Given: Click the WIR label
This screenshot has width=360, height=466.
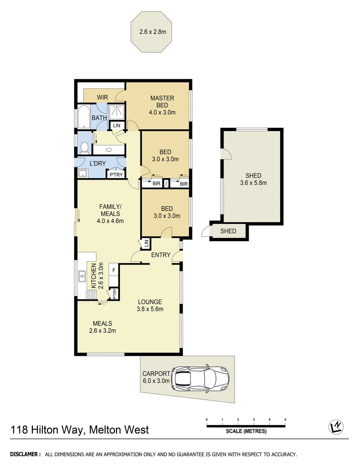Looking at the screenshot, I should [102, 98].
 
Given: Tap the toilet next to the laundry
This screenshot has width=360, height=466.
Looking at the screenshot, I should [85, 148].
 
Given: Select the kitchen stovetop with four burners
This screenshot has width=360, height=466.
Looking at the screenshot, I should [91, 295].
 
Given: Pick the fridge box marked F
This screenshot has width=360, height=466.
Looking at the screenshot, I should [114, 271].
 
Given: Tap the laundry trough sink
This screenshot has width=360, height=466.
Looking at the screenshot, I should [83, 173].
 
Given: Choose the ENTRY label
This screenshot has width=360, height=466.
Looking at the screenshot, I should [160, 255].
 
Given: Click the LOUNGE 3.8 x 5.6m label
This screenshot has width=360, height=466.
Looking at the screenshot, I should [150, 305].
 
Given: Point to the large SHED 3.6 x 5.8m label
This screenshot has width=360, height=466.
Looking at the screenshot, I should [254, 179].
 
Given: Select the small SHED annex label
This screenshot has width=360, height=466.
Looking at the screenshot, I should [228, 231].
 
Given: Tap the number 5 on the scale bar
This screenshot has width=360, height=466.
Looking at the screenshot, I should [285, 419].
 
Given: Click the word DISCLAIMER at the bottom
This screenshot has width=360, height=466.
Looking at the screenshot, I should [25, 454].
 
